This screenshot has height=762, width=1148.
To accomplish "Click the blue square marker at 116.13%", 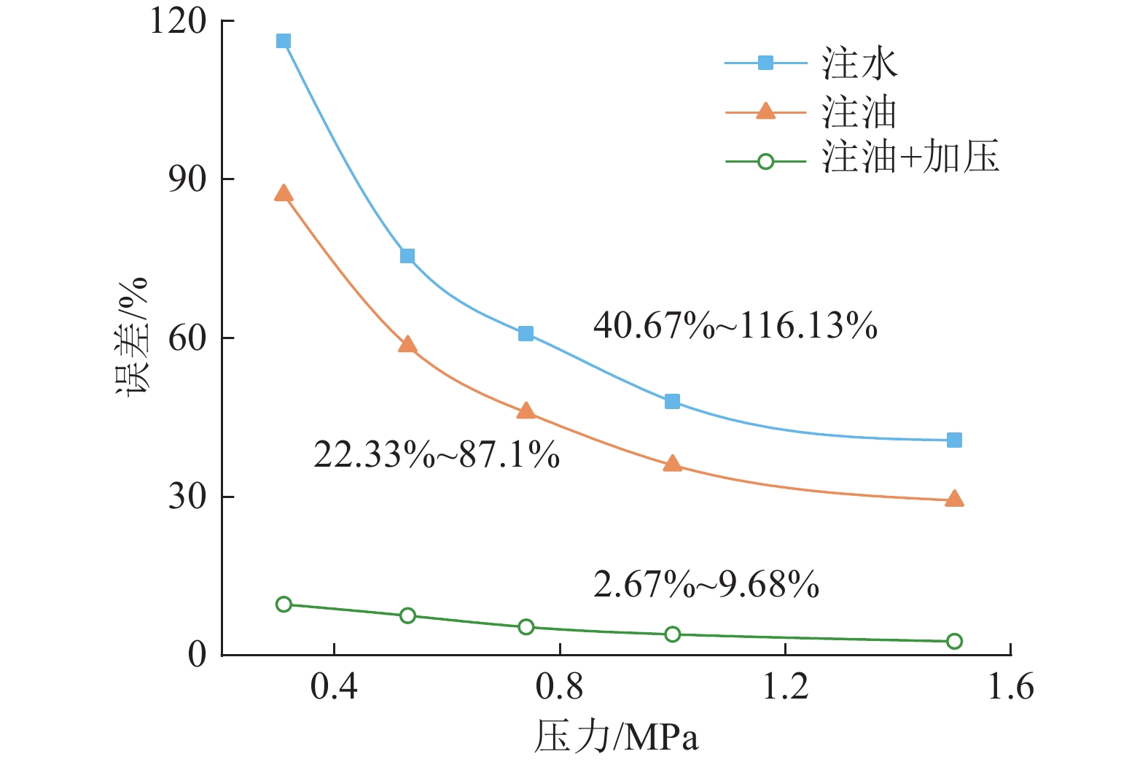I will [284, 41].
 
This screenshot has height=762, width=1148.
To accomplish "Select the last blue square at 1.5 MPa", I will [954, 440].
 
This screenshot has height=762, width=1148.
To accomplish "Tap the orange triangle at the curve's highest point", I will [284, 193].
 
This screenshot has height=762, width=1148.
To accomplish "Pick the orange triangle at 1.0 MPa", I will [672, 464].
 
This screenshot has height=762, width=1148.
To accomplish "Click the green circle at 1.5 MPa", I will [954, 641].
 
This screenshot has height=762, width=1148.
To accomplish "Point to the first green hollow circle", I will [284, 604].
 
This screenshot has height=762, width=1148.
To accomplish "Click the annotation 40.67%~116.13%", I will [735, 325].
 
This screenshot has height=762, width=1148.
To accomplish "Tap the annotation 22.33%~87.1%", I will [437, 455].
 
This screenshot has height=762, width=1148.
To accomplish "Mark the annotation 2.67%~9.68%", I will [706, 585].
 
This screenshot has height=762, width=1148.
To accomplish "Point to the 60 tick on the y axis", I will [188, 338].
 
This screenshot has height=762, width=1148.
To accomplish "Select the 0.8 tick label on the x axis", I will [559, 687].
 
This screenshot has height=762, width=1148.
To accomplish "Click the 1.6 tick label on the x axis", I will [1010, 687].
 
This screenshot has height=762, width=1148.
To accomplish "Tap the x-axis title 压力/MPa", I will [616, 736].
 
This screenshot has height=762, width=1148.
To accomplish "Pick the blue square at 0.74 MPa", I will [526, 334].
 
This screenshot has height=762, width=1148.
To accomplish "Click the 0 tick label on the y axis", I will [197, 655].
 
